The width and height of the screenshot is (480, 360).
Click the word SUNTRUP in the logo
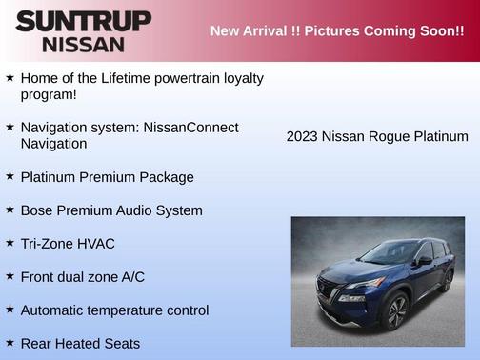click(x=83, y=20)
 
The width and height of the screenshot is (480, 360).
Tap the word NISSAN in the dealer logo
click(x=83, y=44)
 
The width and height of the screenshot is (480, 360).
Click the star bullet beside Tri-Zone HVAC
click(x=10, y=243)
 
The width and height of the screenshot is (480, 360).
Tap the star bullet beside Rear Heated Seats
click(x=10, y=342)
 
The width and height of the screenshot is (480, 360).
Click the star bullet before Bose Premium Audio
click(x=10, y=210)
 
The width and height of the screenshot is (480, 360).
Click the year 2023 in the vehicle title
click(x=302, y=136)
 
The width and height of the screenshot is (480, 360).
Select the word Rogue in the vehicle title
click(x=389, y=136)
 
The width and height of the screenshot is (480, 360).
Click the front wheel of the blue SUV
click(x=395, y=310)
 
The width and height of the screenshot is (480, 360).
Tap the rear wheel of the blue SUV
click(x=447, y=280)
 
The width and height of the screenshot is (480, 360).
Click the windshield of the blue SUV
click(x=390, y=252)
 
